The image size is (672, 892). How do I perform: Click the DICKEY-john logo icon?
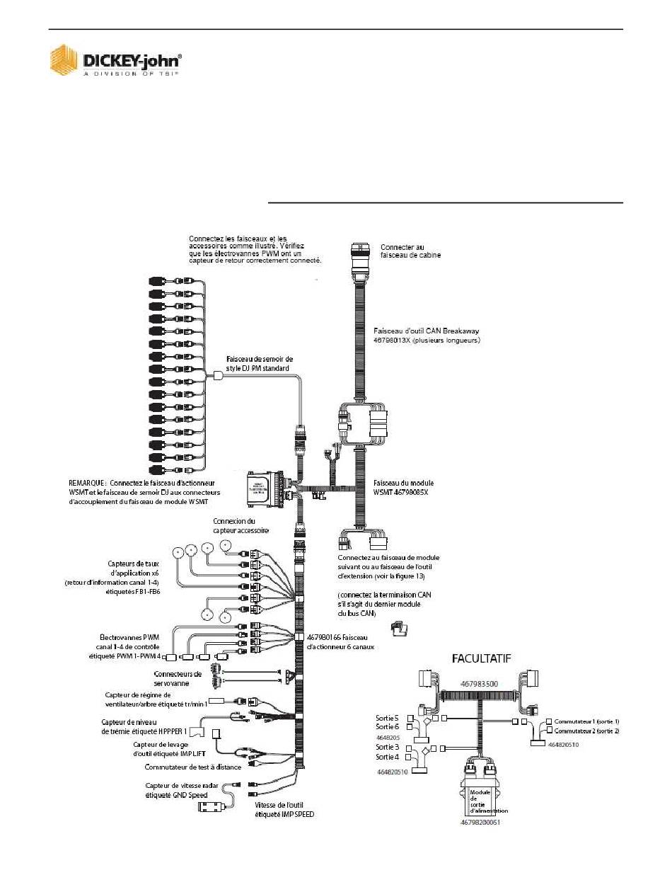[63, 60]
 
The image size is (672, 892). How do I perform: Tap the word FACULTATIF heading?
[483, 658]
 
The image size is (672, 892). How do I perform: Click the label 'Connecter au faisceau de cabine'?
[411, 251]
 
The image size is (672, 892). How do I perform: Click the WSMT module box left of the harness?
[266, 488]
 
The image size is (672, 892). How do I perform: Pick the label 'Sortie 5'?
[387, 717]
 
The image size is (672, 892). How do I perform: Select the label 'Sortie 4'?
[387, 757]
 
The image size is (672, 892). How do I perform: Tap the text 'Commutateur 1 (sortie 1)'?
[586, 721]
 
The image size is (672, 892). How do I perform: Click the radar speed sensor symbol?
[212, 808]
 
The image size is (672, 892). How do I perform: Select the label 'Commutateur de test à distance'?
[192, 767]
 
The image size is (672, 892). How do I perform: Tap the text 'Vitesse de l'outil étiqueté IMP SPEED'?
[284, 810]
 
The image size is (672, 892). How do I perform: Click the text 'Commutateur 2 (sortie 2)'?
[586, 730]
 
